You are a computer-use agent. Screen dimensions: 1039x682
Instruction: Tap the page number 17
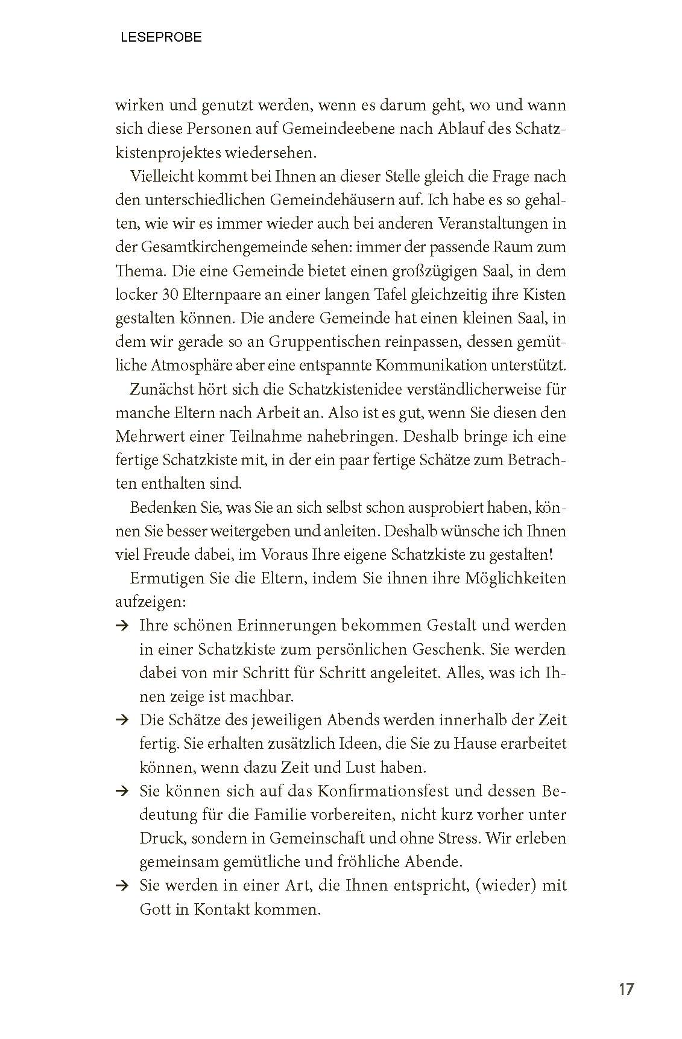626,990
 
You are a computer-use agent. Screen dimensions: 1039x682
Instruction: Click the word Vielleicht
159,177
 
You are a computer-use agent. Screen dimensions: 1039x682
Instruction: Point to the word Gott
154,909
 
